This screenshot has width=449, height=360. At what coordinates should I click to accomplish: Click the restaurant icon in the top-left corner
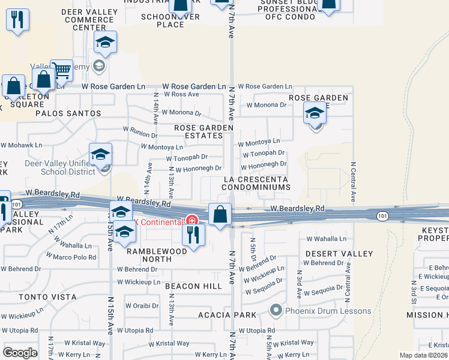click(17, 20)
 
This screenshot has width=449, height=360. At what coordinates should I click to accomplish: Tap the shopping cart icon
click(61, 71)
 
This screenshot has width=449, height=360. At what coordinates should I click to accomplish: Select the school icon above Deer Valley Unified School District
click(100, 155)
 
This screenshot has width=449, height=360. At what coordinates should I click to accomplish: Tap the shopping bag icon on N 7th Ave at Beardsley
click(220, 214)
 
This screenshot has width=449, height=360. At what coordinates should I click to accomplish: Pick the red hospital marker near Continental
click(191, 221)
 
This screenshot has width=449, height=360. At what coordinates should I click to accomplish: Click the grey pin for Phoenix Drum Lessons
click(276, 310)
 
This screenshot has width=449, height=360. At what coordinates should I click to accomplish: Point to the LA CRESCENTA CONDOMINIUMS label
click(255, 184)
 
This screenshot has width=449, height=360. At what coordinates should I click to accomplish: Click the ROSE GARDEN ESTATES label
click(203, 132)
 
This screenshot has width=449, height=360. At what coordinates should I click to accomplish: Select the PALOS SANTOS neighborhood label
click(68, 113)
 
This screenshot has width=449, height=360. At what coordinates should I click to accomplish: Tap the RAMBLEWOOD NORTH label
click(157, 256)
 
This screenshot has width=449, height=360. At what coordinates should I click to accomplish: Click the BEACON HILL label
click(193, 286)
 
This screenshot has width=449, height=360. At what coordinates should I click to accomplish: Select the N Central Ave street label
click(354, 181)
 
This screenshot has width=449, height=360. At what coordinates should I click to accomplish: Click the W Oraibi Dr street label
click(142, 305)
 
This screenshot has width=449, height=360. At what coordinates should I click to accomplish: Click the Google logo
click(20, 353)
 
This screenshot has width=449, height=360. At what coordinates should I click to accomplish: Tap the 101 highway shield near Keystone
click(382, 215)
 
